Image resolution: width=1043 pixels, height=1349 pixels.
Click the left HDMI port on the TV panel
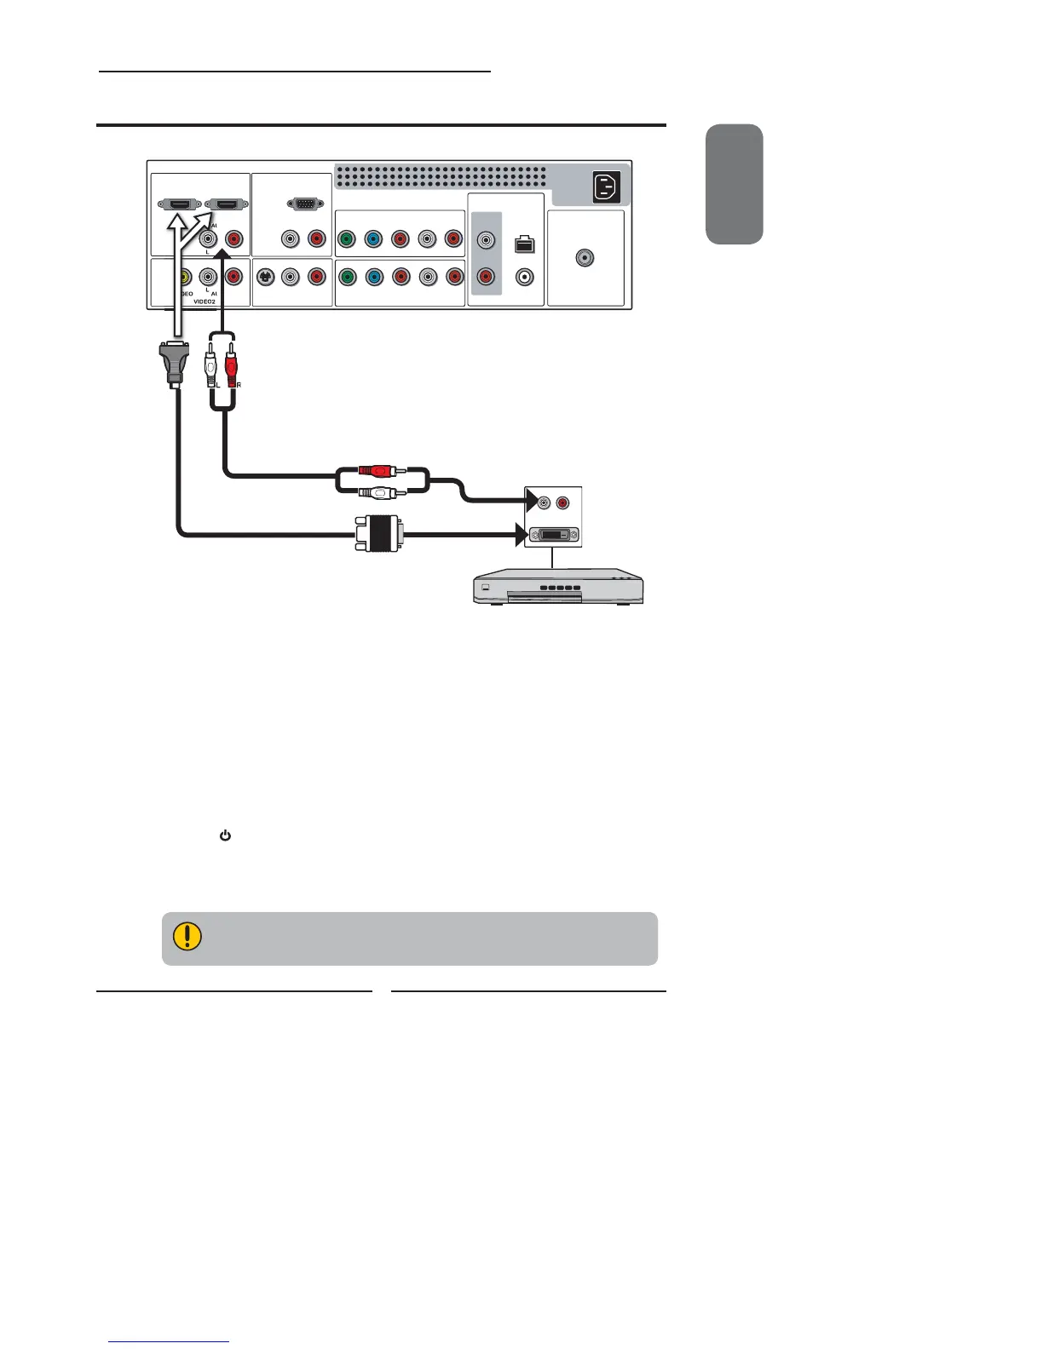point(177,204)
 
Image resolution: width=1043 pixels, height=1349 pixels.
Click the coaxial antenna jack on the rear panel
point(585,258)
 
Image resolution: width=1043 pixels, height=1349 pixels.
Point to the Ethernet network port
point(525,244)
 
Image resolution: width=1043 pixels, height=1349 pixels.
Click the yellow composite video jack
point(182,277)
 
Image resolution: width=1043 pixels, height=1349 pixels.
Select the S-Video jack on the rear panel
point(266,277)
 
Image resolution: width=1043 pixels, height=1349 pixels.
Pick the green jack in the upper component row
point(346,240)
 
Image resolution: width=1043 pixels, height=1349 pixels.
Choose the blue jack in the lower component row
point(373,277)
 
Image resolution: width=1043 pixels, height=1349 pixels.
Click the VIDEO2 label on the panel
point(209,301)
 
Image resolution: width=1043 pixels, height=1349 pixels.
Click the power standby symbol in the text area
point(226,836)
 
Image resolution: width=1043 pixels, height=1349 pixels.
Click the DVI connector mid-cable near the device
point(377,535)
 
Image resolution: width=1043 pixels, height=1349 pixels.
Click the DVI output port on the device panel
point(554,536)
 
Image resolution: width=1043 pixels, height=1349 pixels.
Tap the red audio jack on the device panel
point(562,503)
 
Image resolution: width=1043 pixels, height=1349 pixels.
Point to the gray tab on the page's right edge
point(735,184)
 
